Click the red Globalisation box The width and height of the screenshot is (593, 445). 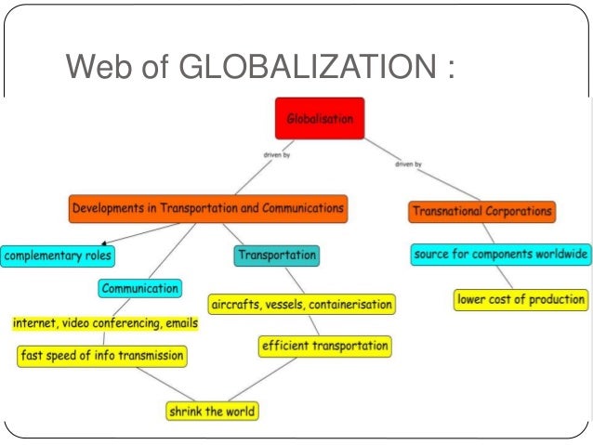320,118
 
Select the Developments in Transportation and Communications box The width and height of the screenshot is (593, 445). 206,209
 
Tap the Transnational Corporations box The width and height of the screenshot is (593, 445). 481,212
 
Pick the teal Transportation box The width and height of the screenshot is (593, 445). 276,255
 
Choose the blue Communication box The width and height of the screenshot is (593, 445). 138,288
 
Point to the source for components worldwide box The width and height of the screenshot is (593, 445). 500,254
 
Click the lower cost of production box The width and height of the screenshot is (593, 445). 521,299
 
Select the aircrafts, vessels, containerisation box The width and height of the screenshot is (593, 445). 302,304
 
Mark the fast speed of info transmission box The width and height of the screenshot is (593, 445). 101,355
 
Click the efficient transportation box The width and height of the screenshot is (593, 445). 324,347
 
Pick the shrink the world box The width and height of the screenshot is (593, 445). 211,410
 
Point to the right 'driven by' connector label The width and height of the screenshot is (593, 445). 408,164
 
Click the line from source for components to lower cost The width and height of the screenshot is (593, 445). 502,276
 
